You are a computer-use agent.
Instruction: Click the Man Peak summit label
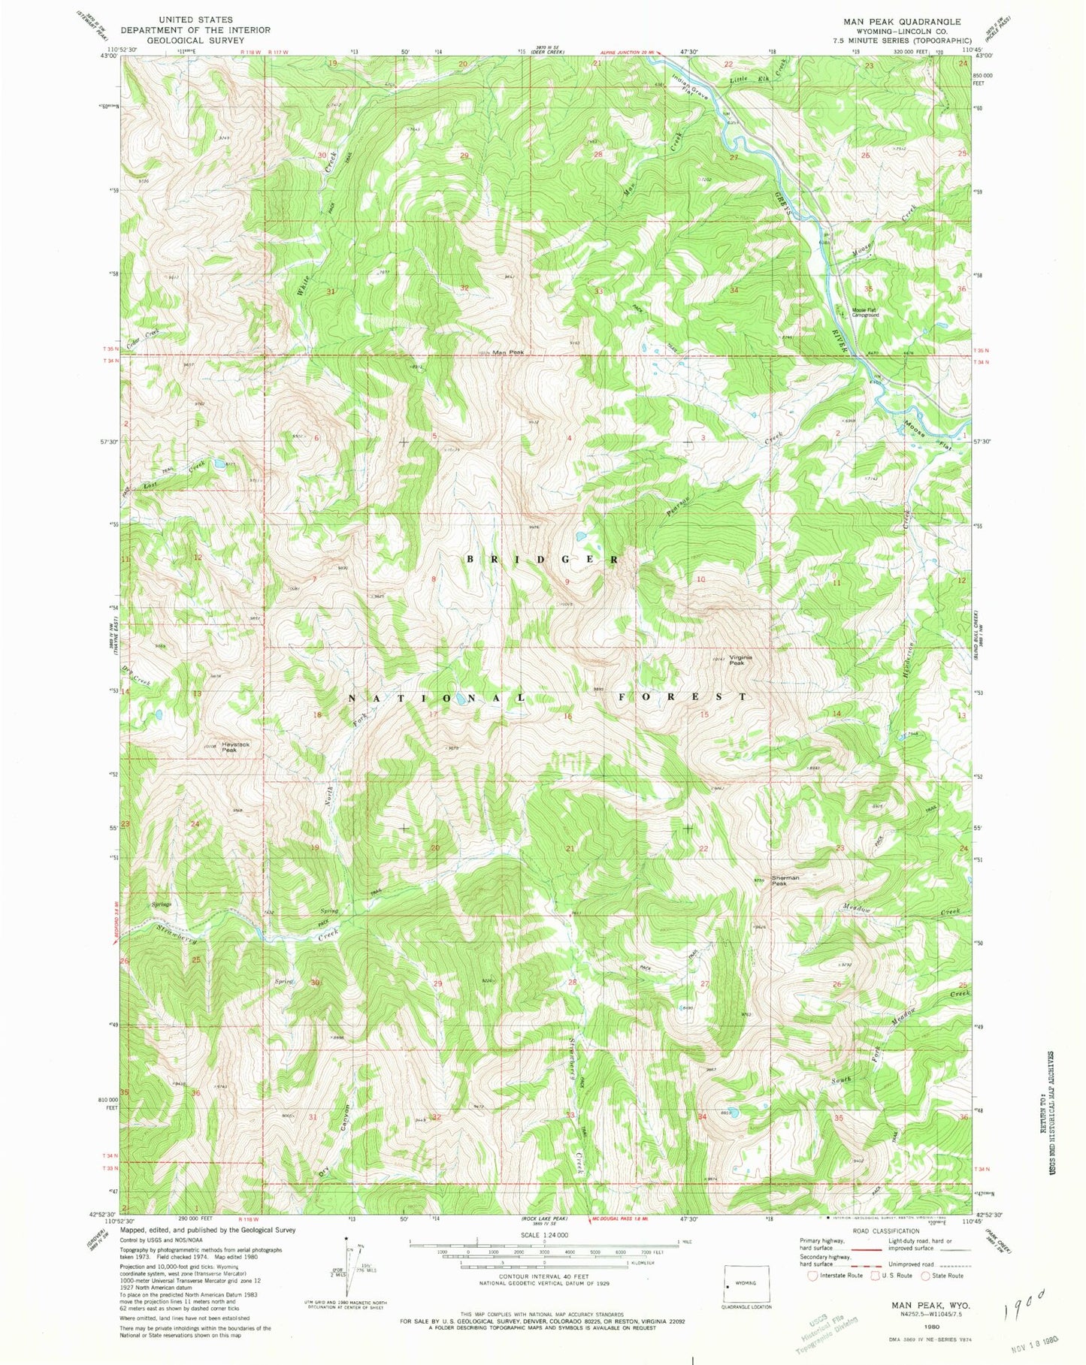pyautogui.click(x=507, y=352)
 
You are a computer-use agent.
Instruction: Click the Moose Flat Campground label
pyautogui.click(x=864, y=313)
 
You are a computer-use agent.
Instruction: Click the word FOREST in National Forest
pyautogui.click(x=683, y=696)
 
